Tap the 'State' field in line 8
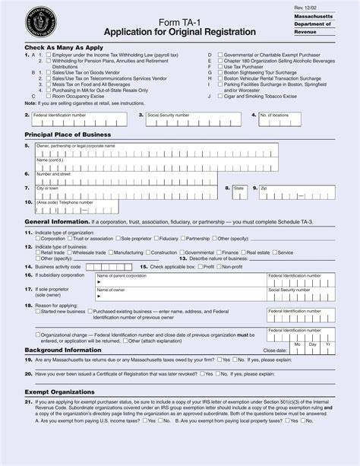(240, 191)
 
